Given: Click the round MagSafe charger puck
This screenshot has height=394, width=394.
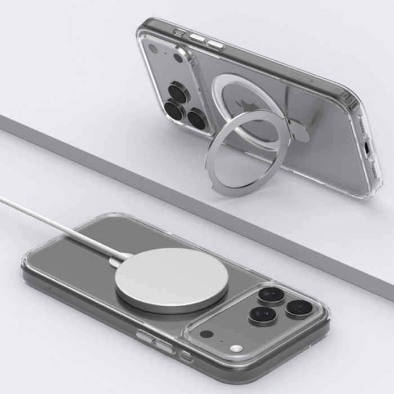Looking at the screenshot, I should (172, 279).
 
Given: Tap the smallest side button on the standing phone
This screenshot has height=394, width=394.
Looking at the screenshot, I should (180, 32).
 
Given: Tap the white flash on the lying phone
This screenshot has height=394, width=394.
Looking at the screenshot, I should (237, 349).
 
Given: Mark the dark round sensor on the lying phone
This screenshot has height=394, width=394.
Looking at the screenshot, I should (206, 334).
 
